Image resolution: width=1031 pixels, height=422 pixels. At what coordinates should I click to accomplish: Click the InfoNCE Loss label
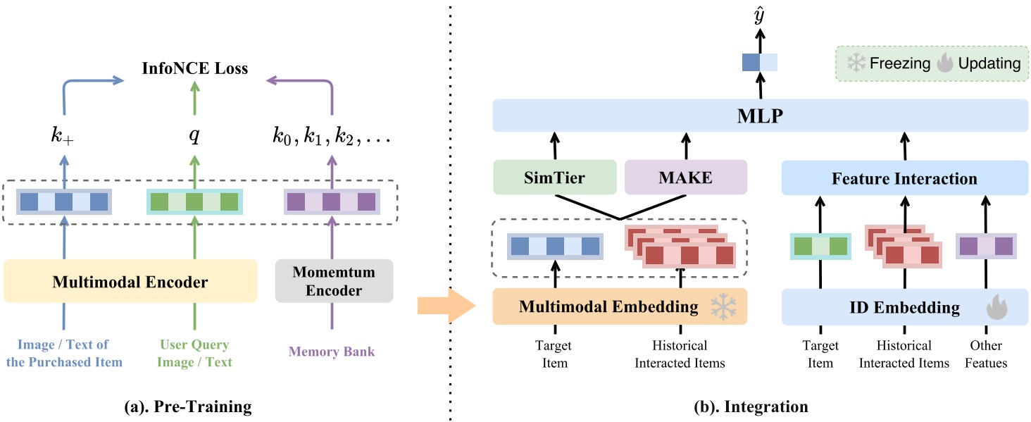[x=194, y=68]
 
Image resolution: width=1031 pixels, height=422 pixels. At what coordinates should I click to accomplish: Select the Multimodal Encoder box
[x=130, y=282]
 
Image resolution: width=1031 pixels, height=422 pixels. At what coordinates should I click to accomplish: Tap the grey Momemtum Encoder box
[x=333, y=281]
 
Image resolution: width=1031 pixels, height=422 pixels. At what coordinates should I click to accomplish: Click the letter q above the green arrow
[x=194, y=136]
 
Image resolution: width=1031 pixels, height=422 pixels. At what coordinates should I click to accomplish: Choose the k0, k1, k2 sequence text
[x=330, y=136]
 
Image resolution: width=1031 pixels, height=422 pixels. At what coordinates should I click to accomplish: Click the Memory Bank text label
[x=332, y=352]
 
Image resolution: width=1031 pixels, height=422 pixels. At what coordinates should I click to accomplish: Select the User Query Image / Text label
[x=194, y=354]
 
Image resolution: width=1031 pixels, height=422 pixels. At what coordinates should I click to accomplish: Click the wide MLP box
[x=759, y=115]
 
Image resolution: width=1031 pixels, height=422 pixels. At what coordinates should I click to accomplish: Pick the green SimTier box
[x=554, y=178]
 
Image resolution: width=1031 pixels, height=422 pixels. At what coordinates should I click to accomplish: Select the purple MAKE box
[x=685, y=178]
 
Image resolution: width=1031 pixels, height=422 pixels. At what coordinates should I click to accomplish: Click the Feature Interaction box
[x=904, y=178]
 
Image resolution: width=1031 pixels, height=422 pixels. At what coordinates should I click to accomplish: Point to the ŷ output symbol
[x=759, y=16]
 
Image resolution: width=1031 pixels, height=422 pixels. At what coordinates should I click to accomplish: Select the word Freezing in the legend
[x=900, y=63]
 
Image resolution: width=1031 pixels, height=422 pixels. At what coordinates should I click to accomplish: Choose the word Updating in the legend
[x=988, y=63]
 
